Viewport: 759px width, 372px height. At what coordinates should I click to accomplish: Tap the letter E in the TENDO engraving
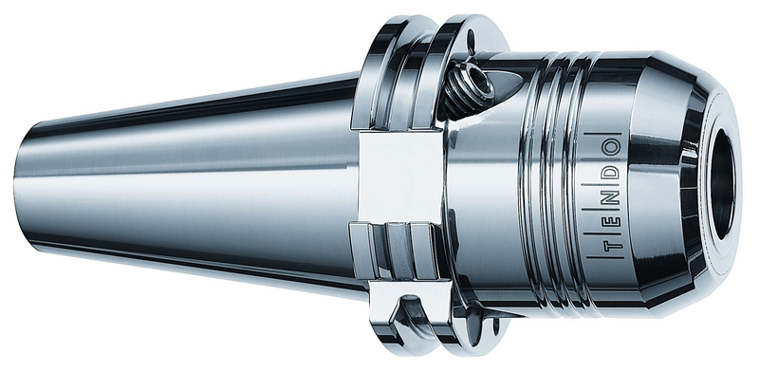[x=607, y=220]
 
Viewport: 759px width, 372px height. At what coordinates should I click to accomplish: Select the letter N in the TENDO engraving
[x=608, y=195]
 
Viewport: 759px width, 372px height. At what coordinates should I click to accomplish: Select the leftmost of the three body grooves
[x=533, y=190]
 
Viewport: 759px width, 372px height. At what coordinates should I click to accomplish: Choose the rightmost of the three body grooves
[x=575, y=190]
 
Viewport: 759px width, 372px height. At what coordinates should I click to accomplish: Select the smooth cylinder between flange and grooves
[x=484, y=209]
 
